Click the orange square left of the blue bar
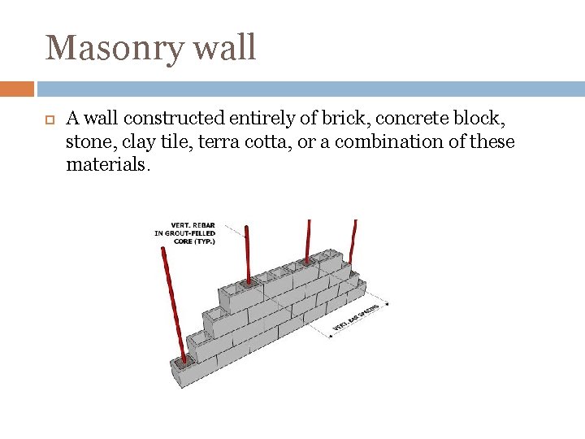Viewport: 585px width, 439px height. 16,89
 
